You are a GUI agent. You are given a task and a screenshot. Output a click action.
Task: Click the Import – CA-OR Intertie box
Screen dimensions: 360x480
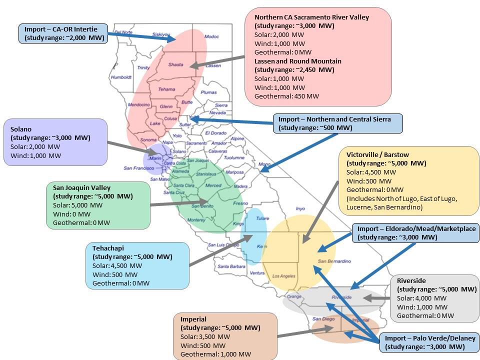click(x=63, y=33)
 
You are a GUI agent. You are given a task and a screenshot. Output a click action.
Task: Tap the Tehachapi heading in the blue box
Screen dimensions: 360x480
click(x=108, y=248)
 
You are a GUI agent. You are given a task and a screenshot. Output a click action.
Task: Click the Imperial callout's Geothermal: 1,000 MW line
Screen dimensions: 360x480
click(x=215, y=354)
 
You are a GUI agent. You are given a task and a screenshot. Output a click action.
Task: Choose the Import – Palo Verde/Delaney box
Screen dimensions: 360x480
click(x=429, y=342)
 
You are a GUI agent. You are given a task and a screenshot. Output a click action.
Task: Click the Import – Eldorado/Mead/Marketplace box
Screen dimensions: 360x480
click(x=416, y=233)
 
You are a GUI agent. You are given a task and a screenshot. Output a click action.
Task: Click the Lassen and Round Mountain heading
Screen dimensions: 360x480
click(x=298, y=61)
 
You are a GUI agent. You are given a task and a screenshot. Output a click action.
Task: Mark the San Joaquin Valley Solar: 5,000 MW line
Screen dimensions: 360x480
click(x=77, y=205)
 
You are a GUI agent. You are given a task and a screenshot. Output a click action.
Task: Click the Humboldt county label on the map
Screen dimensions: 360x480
click(x=121, y=77)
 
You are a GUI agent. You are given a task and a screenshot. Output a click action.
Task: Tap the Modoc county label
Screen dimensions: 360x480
click(x=211, y=36)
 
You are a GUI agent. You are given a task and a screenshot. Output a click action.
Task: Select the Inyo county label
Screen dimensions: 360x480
click(x=300, y=208)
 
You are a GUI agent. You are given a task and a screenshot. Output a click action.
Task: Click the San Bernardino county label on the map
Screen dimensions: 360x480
click(x=334, y=261)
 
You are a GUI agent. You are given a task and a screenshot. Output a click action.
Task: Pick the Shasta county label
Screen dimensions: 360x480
click(x=175, y=64)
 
